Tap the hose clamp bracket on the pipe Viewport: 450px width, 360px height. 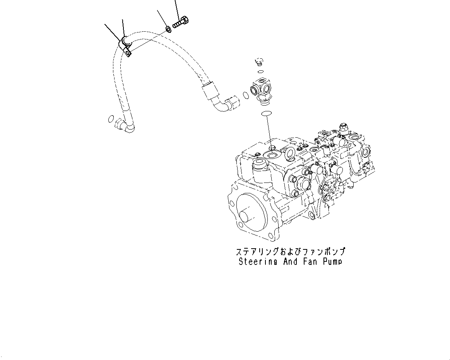pos(126,46)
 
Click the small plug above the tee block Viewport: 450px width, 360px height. pos(260,62)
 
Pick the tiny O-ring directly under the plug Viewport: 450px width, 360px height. pos(261,72)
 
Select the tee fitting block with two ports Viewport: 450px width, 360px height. pos(262,91)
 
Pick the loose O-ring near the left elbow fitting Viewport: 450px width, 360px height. pos(111,119)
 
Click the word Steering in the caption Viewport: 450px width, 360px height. pos(254,262)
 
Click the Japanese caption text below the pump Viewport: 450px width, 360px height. pos(290,252)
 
